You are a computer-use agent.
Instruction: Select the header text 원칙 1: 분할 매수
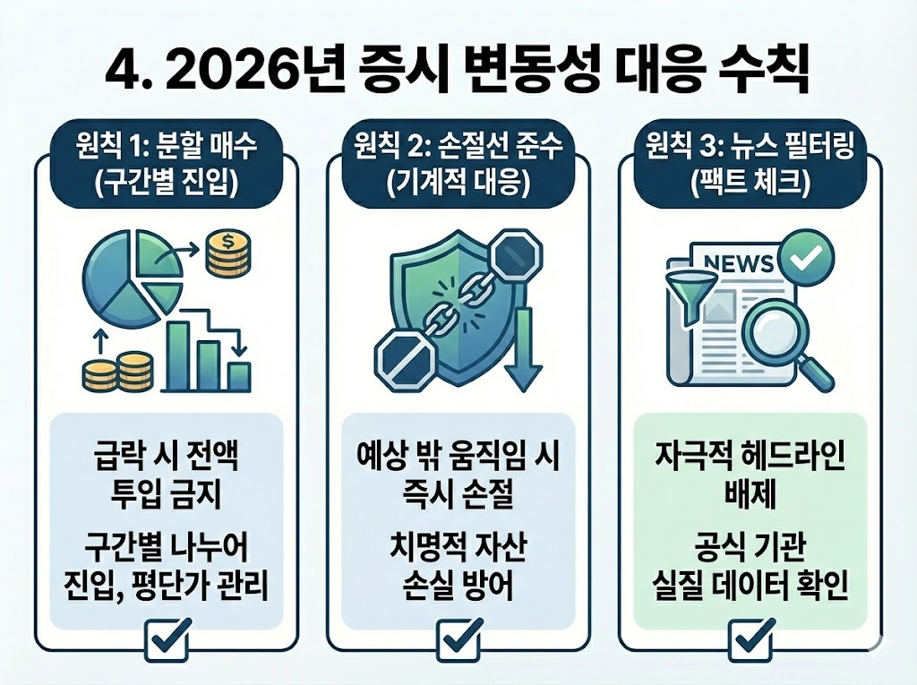coord(167,144)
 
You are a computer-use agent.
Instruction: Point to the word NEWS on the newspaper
coord(739,265)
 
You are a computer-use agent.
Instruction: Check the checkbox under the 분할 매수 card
coord(167,641)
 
